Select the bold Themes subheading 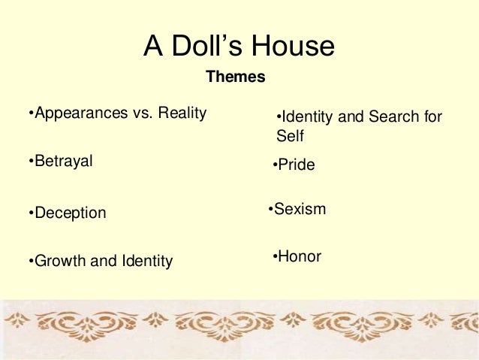pos(235,77)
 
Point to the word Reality pos(179,113)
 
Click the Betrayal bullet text pos(63,161)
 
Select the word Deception pos(70,213)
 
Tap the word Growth pos(62,262)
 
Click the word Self pos(290,137)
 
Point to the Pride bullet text pos(296,165)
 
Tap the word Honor pos(299,256)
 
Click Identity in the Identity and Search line pos(307,117)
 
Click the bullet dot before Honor pos(275,256)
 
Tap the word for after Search pos(432,117)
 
